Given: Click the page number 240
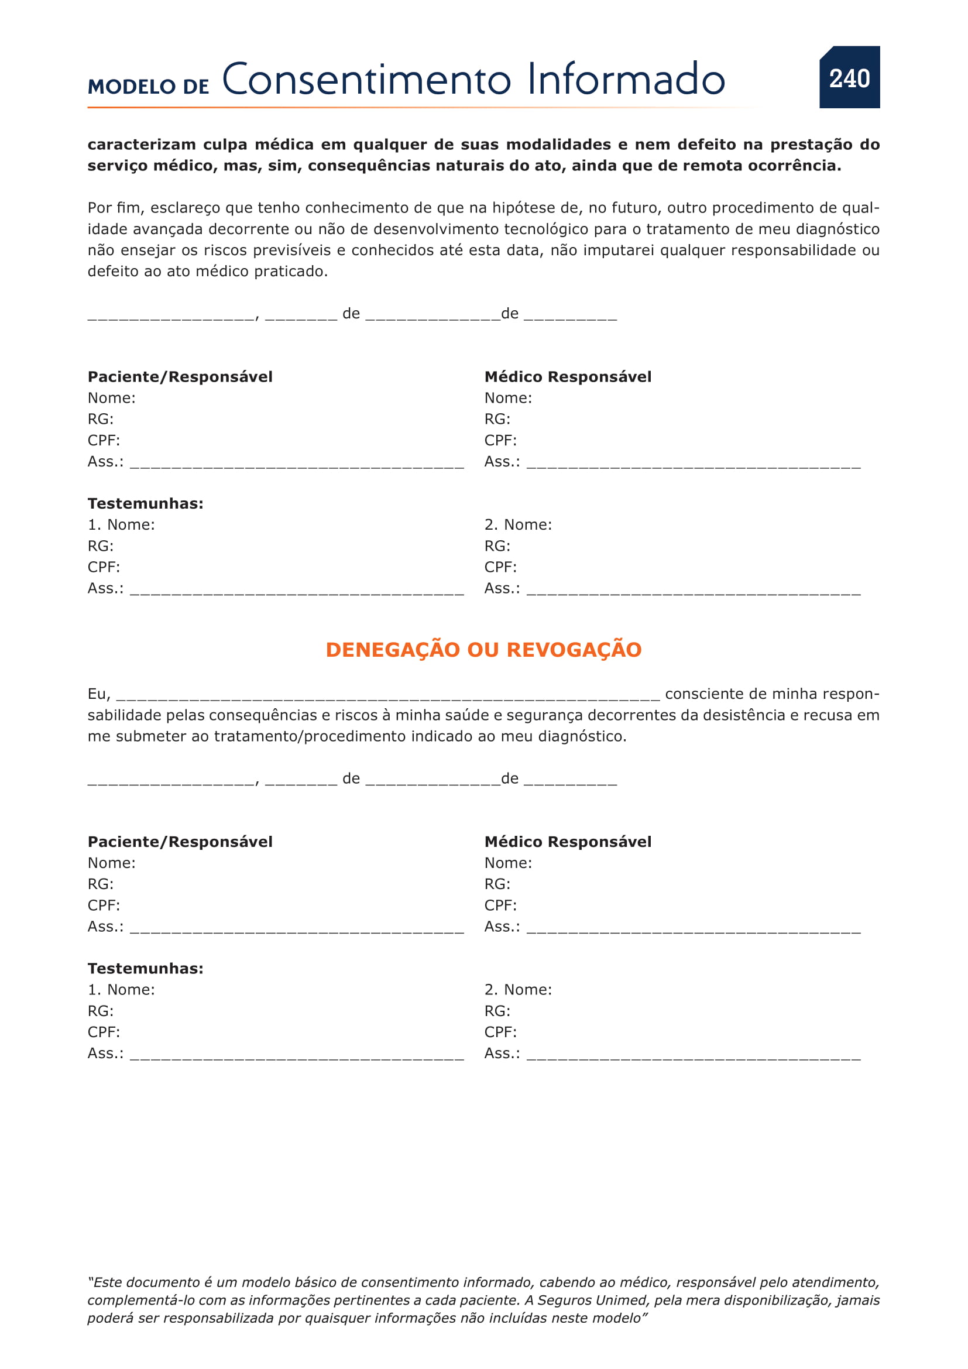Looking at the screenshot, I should (849, 78).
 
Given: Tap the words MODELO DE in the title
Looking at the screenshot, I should (149, 87).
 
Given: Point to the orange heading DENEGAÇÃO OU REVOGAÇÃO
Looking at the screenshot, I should (483, 650).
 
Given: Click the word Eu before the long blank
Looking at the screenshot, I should (98, 694).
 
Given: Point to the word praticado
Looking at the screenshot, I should (291, 272).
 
